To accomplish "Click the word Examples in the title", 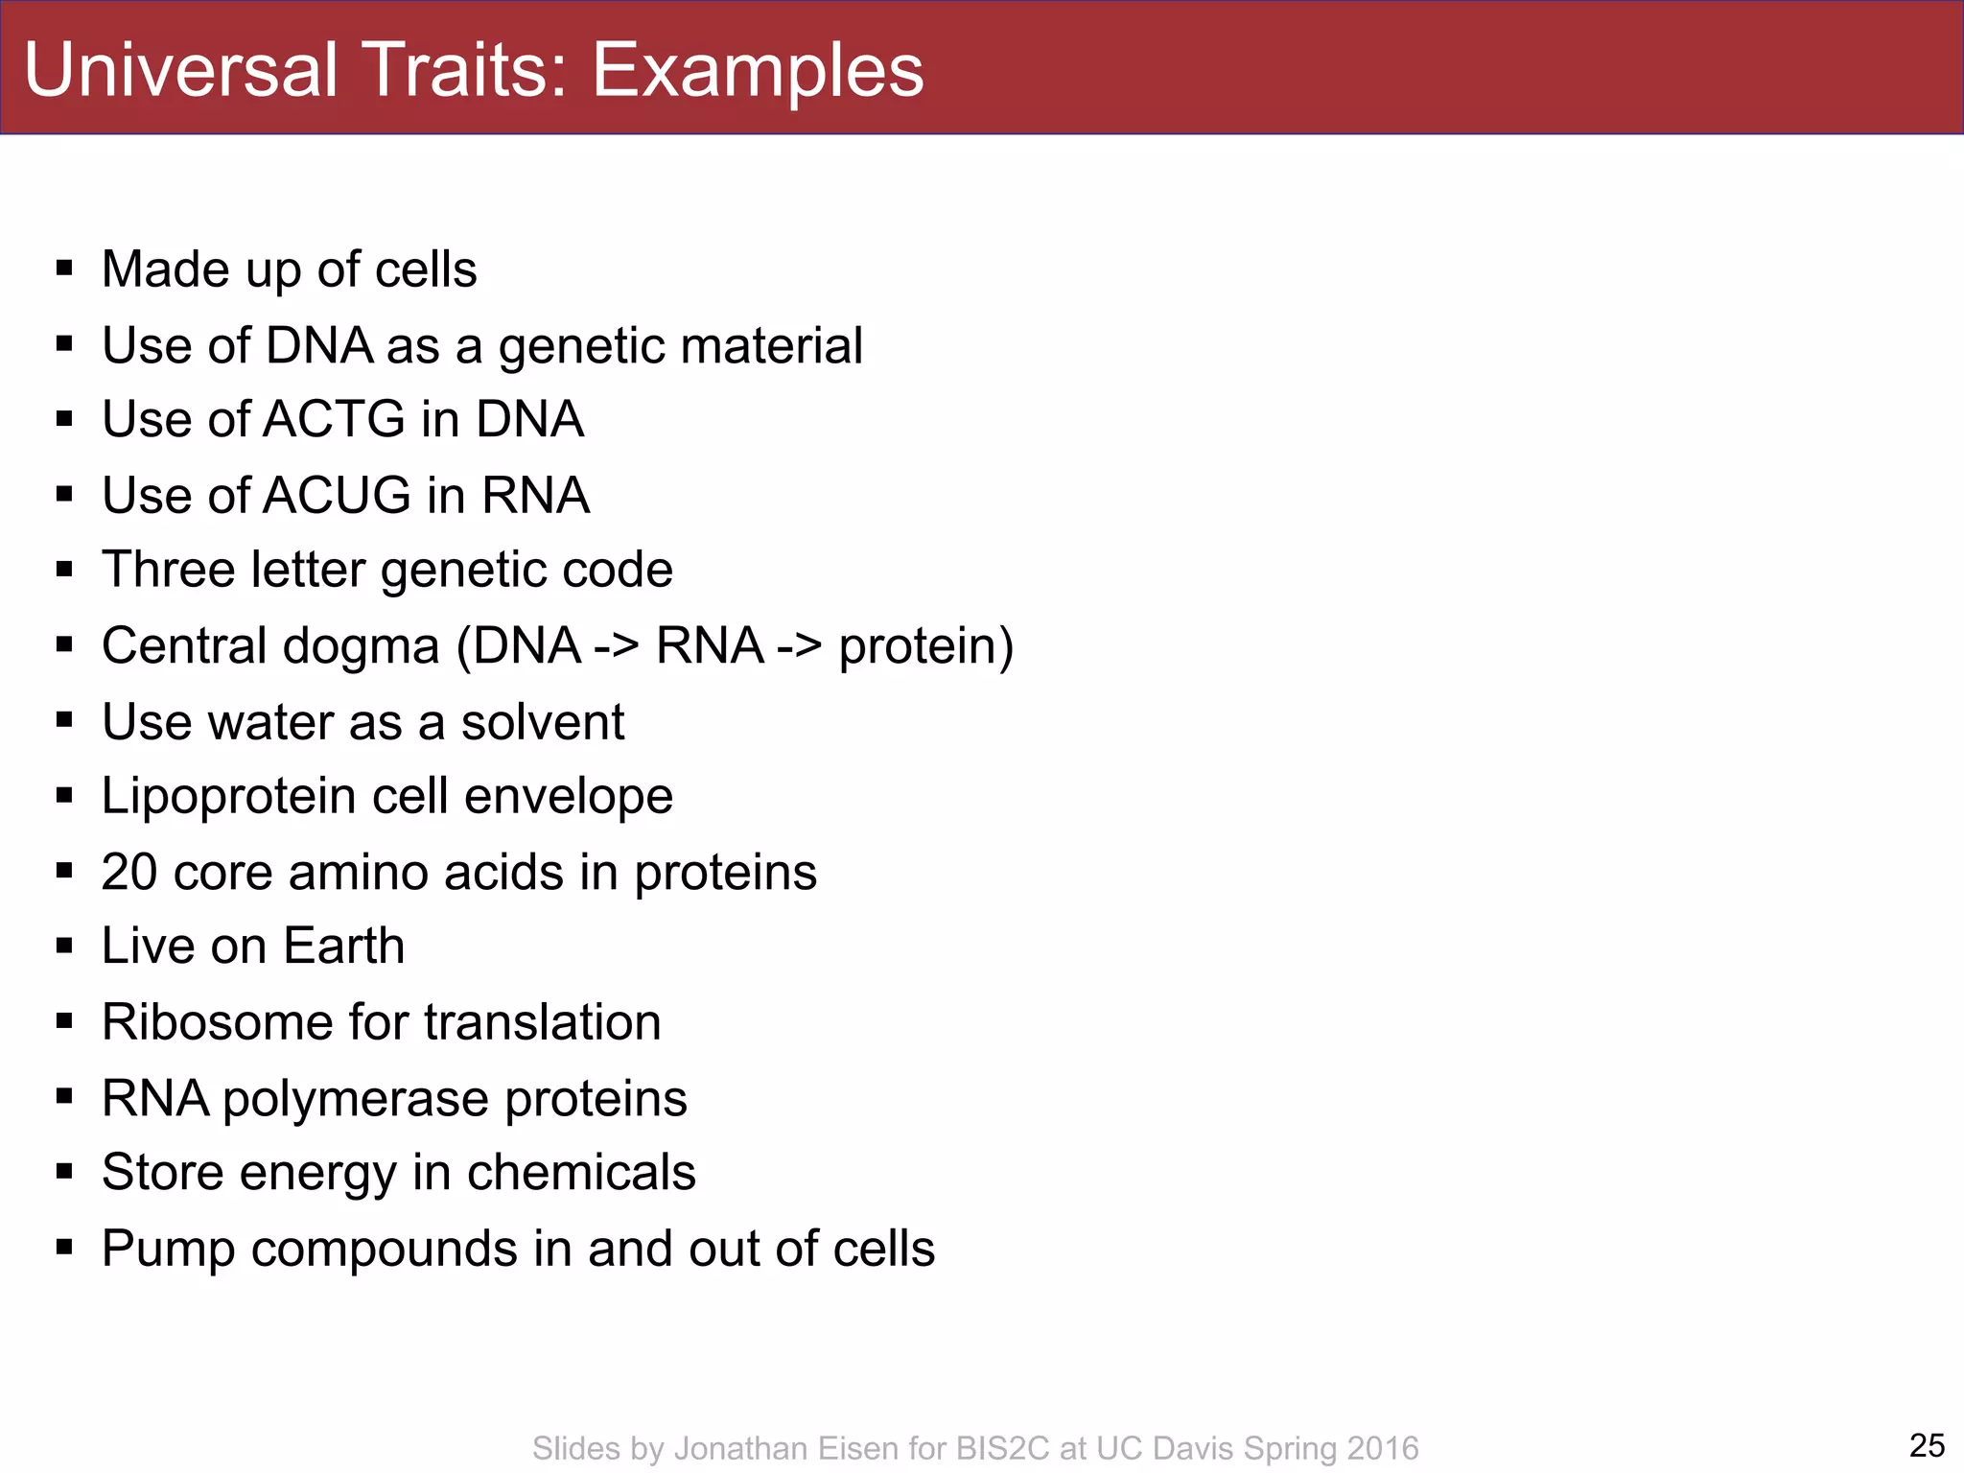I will [x=757, y=71].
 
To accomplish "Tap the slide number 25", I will [x=1927, y=1445].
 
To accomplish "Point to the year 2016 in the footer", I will [x=1382, y=1448].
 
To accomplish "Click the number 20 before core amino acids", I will [x=129, y=872].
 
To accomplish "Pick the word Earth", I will [x=343, y=946].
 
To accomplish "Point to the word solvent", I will [x=542, y=721].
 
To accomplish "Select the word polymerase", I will [x=356, y=1098].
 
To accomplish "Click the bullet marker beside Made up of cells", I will [x=64, y=268].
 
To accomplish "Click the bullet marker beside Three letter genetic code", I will [x=64, y=569].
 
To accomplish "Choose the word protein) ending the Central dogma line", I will [x=925, y=645].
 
